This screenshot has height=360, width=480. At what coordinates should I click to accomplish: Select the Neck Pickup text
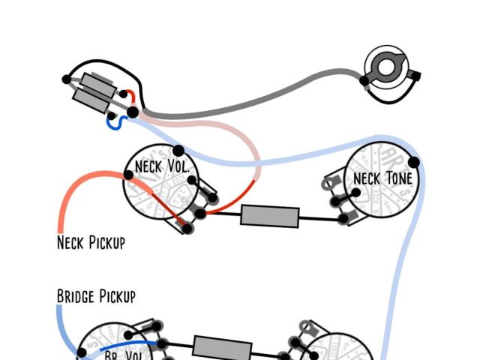91,242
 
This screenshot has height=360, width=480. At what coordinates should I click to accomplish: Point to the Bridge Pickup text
96,296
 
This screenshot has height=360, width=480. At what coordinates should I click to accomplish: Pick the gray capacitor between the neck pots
270,216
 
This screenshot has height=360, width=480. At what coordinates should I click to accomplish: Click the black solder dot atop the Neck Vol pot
178,151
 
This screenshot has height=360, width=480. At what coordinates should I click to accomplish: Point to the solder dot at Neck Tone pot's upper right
413,161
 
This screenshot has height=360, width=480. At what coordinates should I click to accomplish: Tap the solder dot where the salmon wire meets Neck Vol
129,175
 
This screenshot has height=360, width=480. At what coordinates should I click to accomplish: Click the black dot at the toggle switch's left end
67,78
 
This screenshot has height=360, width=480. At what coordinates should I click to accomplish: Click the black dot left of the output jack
364,80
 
